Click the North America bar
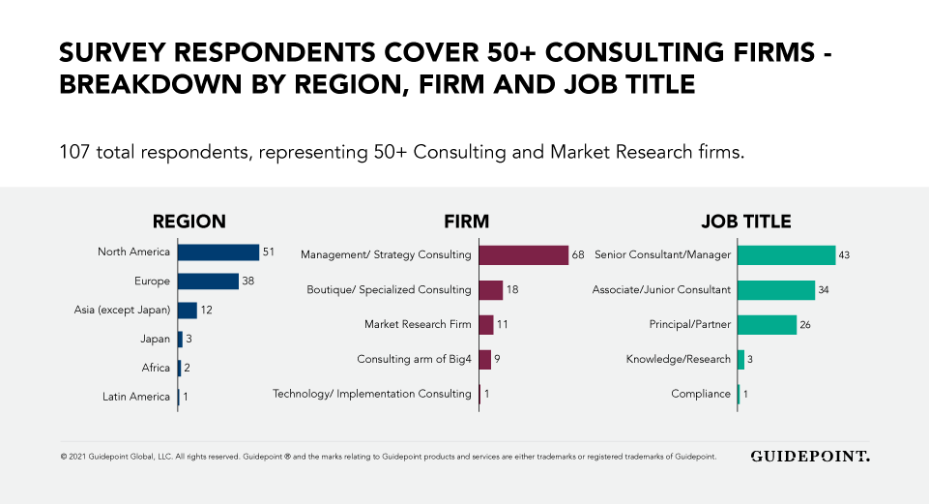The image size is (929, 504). pos(218,252)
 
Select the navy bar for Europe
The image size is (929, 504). pos(208,282)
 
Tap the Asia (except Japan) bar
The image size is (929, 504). pos(188,311)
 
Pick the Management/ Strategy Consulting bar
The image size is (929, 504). pos(524,255)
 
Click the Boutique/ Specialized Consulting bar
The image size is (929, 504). pos(491,290)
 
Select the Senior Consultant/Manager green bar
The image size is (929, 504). pos(786,255)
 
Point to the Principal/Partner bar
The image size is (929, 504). pos(768,325)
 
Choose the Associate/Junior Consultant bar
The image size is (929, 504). pos(776,290)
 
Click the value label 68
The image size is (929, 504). pos(578,255)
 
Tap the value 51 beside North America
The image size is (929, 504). pos(269,252)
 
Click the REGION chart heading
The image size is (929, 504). pos(189,222)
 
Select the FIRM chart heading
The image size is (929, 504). pos(466,222)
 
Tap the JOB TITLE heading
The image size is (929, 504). pos(744,222)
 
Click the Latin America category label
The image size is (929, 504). pos(136,397)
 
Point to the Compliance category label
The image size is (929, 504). pos(701,394)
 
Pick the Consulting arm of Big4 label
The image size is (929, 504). pos(414,360)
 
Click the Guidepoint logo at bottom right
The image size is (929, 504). pos(810,457)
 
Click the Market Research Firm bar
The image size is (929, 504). pos(486,325)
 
